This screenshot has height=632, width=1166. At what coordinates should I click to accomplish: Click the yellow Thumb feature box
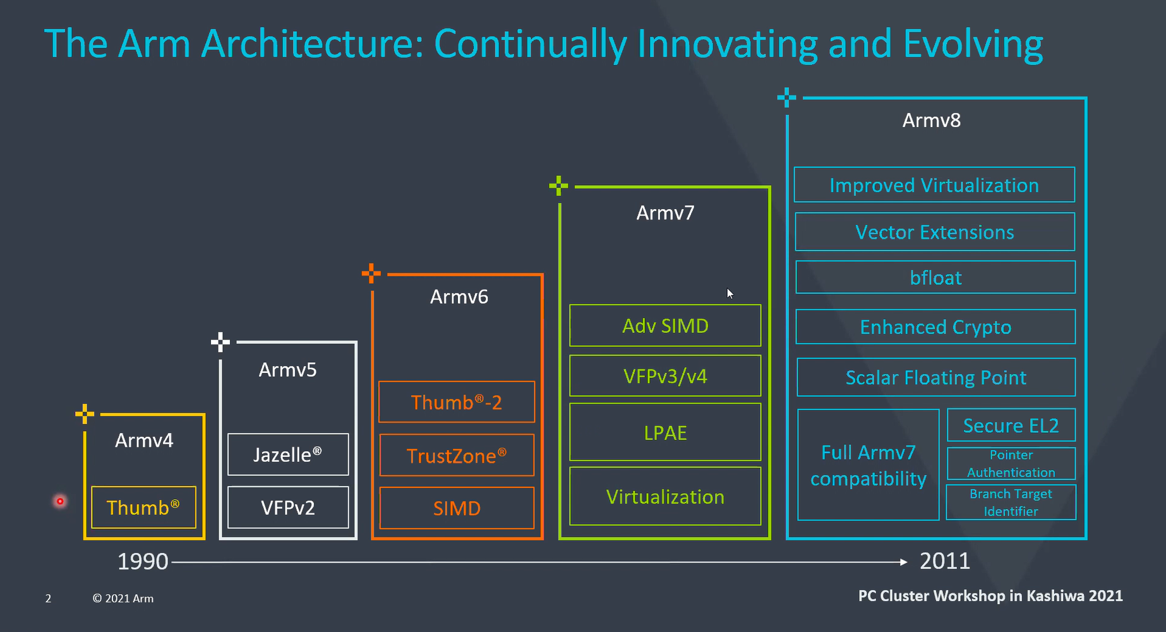click(143, 507)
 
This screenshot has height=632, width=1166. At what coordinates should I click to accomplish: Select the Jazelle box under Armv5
click(288, 454)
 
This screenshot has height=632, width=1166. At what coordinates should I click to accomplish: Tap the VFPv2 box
click(288, 507)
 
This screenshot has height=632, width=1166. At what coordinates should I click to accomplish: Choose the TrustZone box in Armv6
click(457, 455)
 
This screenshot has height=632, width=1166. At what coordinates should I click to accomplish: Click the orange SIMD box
click(457, 507)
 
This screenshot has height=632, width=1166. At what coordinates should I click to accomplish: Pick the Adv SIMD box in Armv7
click(665, 325)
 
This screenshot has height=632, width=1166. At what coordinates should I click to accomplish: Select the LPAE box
click(665, 432)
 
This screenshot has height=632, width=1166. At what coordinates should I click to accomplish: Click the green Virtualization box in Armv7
click(665, 496)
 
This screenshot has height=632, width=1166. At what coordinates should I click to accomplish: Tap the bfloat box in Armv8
click(935, 277)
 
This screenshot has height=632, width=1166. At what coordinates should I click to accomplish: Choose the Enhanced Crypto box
click(935, 327)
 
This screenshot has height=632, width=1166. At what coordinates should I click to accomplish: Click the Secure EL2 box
click(1011, 425)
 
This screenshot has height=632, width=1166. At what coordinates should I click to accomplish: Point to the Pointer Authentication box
click(1011, 463)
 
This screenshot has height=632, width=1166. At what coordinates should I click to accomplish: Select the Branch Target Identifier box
click(1011, 502)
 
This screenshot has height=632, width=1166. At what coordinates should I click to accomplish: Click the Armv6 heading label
click(459, 296)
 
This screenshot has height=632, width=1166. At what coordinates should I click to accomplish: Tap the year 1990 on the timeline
click(143, 561)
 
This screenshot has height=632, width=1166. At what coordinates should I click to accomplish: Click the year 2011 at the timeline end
click(945, 561)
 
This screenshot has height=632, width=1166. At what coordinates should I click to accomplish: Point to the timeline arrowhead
click(904, 561)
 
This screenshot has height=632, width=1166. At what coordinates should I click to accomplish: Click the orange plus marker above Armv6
click(371, 273)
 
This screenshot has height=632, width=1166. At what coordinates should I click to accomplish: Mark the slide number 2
click(48, 598)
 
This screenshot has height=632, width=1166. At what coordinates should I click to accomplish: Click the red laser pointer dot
click(60, 501)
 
